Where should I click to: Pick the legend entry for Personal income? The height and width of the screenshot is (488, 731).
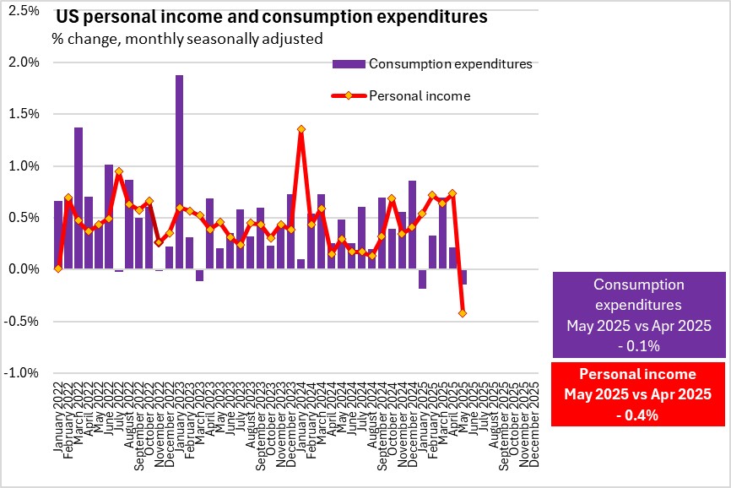[x=420, y=95]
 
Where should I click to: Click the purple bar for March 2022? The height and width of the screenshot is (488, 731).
[x=79, y=198]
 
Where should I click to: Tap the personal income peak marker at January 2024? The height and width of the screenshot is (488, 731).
[x=301, y=129]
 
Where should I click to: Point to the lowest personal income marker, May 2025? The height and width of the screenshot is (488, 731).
[x=463, y=313]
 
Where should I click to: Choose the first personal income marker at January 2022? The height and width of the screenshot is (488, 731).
[x=58, y=268]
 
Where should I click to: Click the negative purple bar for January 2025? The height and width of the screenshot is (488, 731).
[x=422, y=279]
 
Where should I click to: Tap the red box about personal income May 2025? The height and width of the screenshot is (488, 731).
[x=638, y=393]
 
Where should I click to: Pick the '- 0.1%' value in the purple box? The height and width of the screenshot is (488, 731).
[x=638, y=344]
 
